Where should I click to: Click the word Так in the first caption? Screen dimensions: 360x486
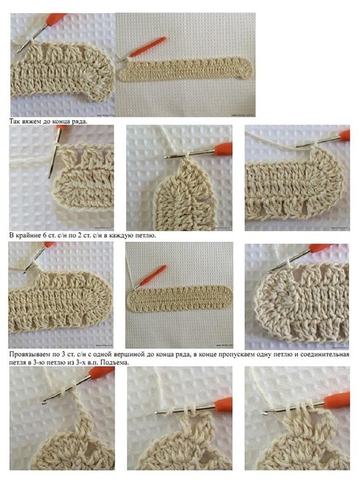click(x=15, y=121)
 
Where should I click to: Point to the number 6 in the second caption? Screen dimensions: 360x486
click(x=43, y=235)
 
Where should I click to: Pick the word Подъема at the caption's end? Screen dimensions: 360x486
click(x=114, y=362)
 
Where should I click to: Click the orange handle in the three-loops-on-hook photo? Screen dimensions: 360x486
click(x=337, y=398)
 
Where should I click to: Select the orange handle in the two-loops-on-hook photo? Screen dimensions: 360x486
click(x=223, y=404)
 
